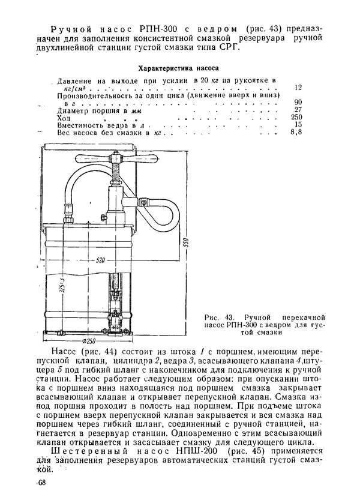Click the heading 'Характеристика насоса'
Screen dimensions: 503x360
(179, 68)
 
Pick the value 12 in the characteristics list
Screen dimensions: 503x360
(299, 88)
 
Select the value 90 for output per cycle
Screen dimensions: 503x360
(299, 102)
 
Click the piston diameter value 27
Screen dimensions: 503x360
(299, 109)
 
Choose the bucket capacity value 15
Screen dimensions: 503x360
(299, 124)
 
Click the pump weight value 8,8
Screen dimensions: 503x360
(296, 132)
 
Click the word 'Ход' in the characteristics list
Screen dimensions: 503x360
(64, 118)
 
